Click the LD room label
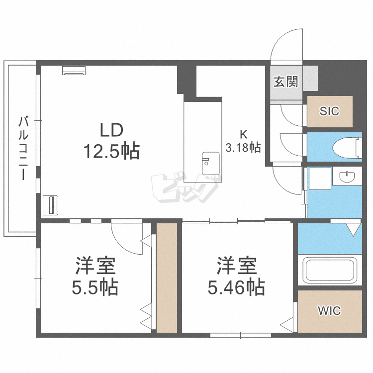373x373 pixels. click(111, 130)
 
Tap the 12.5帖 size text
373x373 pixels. click(111, 151)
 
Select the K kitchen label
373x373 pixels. click(243, 135)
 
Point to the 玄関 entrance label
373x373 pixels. click(285, 82)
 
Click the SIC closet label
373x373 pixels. click(329, 111)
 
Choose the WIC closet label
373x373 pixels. click(329, 310)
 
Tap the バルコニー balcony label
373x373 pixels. click(23, 148)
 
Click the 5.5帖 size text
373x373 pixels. click(95, 287)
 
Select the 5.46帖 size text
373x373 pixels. click(236, 287)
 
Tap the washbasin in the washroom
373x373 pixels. click(347, 176)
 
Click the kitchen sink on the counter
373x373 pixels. click(211, 163)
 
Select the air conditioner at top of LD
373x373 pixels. click(74, 71)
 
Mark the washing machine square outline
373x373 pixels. click(319, 179)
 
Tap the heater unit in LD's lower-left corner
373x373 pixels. click(51, 205)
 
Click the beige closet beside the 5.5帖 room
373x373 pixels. click(167, 278)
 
